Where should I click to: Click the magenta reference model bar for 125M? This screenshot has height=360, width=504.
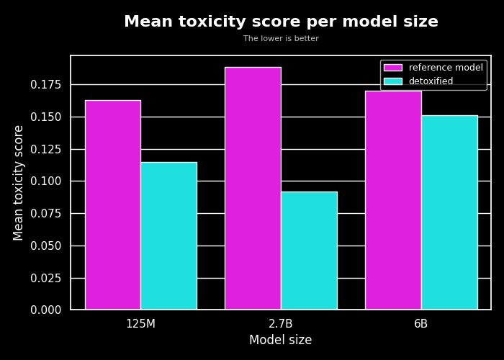tap(113, 205)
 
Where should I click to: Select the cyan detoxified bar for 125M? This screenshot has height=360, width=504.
tap(168, 236)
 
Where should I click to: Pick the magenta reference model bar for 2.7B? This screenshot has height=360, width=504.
tap(253, 189)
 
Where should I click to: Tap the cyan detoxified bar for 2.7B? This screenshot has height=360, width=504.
tap(309, 251)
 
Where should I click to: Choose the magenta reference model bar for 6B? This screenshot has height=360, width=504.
tap(393, 200)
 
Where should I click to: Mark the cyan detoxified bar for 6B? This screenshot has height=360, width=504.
tap(449, 212)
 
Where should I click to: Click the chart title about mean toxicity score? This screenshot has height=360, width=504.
tap(281, 22)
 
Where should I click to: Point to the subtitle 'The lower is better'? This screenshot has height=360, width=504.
tap(281, 39)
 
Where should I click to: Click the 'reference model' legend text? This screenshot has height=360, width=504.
tap(446, 68)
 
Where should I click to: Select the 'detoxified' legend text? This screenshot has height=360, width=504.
tap(431, 81)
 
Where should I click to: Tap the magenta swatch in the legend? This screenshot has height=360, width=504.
tap(392, 68)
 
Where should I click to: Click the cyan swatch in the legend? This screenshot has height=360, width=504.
tap(392, 81)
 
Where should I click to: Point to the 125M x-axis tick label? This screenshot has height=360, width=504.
tap(140, 324)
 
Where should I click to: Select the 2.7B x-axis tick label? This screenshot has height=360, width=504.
tap(281, 324)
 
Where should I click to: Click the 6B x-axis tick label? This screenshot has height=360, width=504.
tap(421, 324)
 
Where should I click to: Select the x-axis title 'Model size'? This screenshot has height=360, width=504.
tap(281, 341)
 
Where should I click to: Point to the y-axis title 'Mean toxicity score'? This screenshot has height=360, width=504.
tap(19, 183)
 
